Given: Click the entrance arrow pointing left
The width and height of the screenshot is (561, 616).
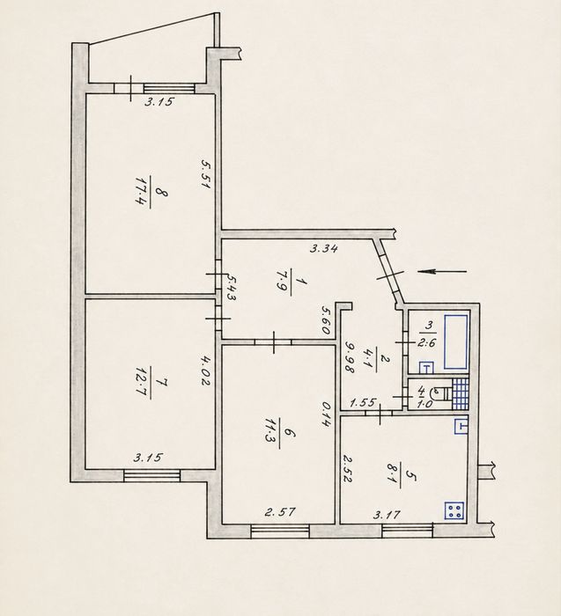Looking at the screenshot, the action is click(x=442, y=271).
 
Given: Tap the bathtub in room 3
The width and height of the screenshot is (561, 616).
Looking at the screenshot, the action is click(x=455, y=341).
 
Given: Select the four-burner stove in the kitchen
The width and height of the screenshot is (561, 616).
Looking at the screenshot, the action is click(x=454, y=510).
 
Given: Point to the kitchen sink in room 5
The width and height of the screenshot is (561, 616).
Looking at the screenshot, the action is click(x=461, y=426).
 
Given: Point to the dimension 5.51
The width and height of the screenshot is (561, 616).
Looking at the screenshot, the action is click(x=205, y=173).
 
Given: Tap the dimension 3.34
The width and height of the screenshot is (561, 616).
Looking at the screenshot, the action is click(x=323, y=249).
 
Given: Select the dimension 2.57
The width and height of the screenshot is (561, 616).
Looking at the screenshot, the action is click(x=280, y=512).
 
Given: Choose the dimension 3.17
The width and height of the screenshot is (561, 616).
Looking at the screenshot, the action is click(x=387, y=514).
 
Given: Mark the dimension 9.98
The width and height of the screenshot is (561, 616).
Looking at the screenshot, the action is click(x=350, y=356).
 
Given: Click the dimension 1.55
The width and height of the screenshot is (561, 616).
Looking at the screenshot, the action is click(x=363, y=403).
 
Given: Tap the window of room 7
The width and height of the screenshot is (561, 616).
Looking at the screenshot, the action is click(x=151, y=475).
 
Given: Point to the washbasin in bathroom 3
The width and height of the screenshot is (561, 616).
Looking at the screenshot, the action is click(x=425, y=368).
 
